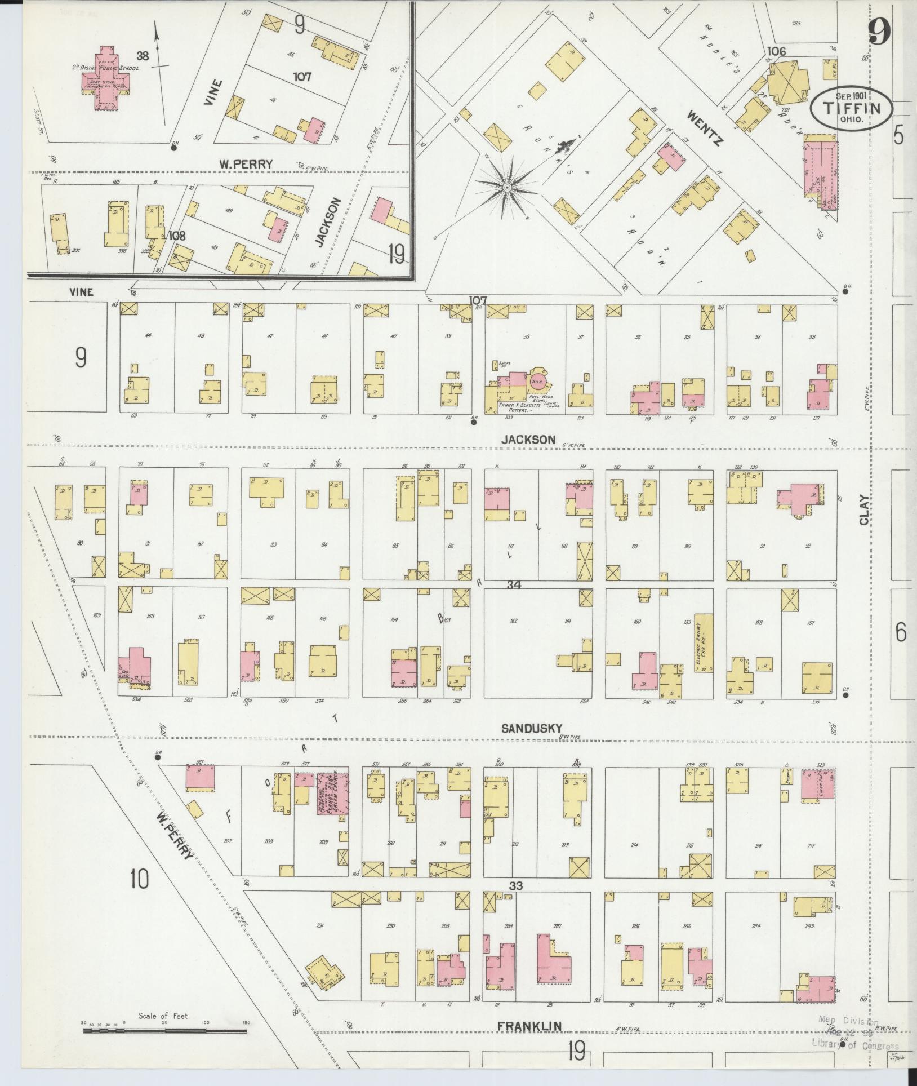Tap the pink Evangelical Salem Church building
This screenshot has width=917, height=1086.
[332, 793]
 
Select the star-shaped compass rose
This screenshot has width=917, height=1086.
[507, 187]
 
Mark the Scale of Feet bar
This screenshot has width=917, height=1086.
[164, 1031]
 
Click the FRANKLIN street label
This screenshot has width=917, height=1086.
[529, 1027]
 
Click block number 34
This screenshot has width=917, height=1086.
[513, 585]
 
